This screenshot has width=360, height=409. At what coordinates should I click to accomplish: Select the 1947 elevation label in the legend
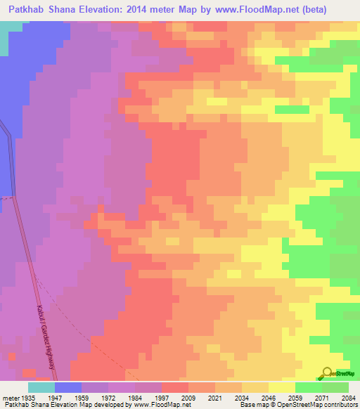point(68,397)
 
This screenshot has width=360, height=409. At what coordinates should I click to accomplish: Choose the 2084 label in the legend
point(350,397)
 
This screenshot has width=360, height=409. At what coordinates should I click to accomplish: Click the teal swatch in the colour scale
point(41,387)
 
